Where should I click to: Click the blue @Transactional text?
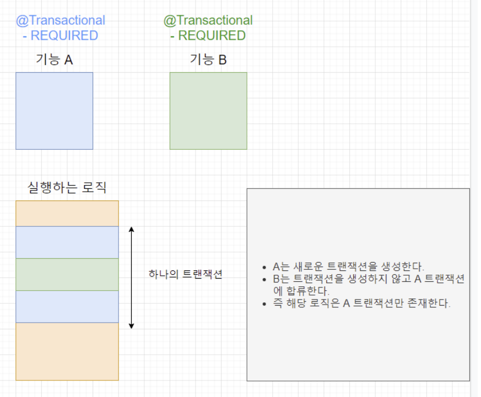point(61,20)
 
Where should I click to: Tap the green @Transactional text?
point(208,20)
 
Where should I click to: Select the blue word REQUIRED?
point(64,36)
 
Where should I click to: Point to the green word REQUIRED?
point(212,36)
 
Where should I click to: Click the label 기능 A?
point(54,59)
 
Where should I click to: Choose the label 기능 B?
point(208,59)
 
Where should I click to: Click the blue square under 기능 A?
point(54,111)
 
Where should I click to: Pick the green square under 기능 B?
point(208,111)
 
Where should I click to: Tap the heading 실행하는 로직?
point(67,188)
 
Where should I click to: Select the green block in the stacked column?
point(67,274)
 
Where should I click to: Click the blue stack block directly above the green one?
point(67,242)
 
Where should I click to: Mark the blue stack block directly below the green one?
point(67,307)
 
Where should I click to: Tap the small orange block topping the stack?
point(67,214)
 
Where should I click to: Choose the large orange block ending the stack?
point(67,351)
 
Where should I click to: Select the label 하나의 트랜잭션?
point(185,274)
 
